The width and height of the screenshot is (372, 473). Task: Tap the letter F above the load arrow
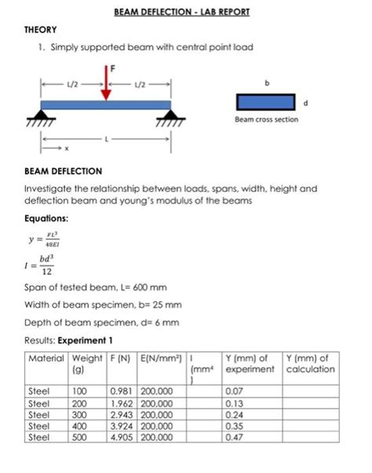point(112,69)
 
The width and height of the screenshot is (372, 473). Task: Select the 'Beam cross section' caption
point(266,120)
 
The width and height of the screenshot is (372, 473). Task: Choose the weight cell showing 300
point(80,414)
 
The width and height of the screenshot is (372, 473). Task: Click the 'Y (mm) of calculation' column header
point(312,363)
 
